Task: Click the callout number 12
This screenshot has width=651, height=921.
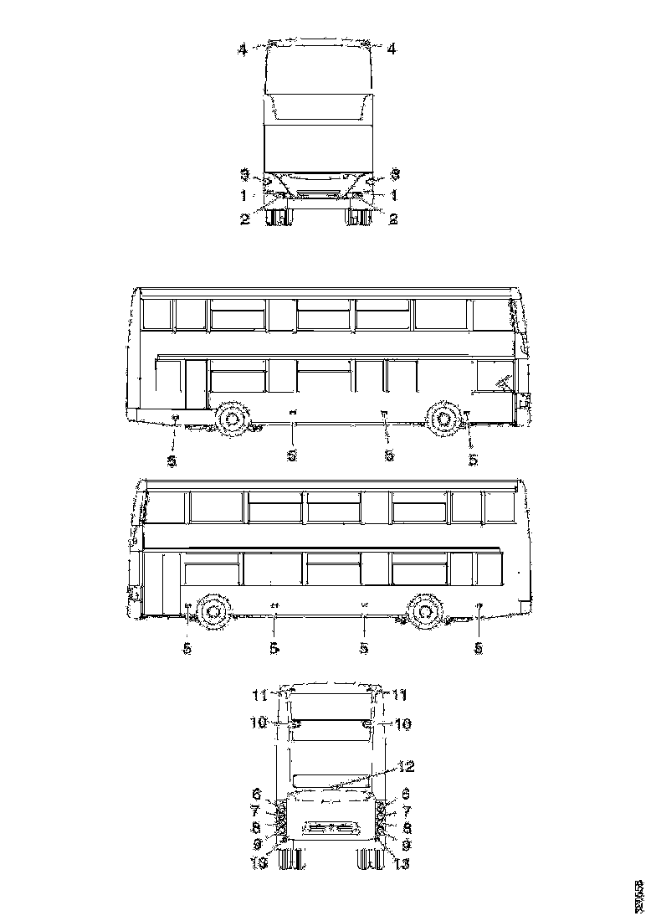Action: (x=406, y=765)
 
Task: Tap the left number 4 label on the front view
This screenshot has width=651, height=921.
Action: (x=243, y=49)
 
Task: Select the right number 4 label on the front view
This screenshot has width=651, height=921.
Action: (x=391, y=49)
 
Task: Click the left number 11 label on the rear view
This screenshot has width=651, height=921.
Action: (x=259, y=695)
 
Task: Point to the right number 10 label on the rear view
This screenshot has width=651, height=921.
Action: (x=402, y=724)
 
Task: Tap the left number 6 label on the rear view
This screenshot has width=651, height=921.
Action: (x=256, y=792)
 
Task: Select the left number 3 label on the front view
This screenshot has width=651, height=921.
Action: (x=244, y=175)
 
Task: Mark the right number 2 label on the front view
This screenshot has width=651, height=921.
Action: (x=391, y=218)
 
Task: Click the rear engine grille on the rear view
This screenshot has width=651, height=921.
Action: (x=330, y=827)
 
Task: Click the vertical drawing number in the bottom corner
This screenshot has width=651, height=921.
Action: (x=638, y=893)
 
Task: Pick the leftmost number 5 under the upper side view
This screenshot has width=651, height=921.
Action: (x=172, y=460)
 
